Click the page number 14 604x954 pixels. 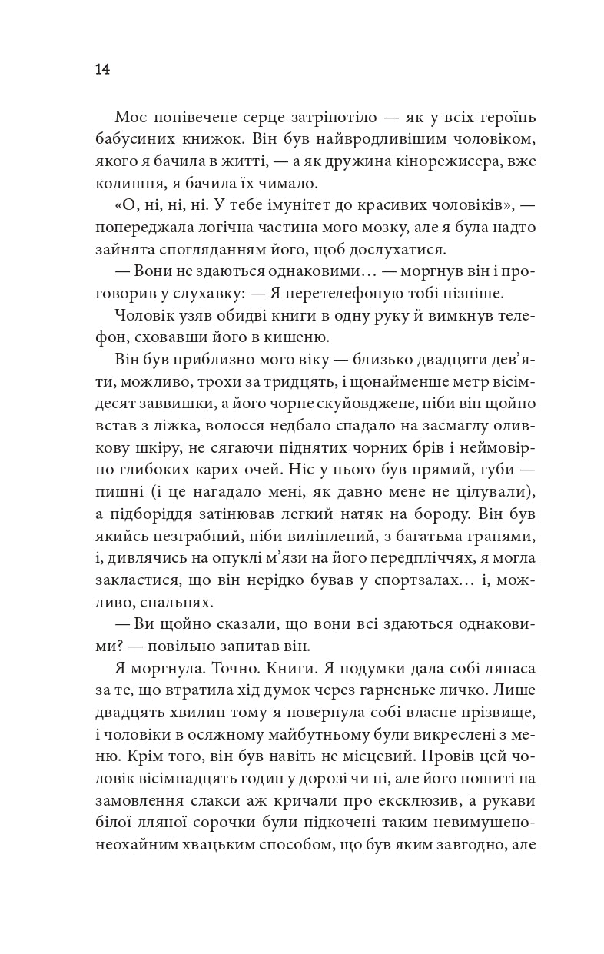102,69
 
